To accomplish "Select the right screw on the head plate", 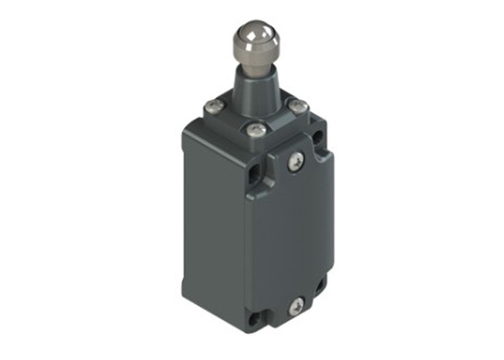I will coord(299,106).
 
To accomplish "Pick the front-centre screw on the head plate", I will coord(257,129).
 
